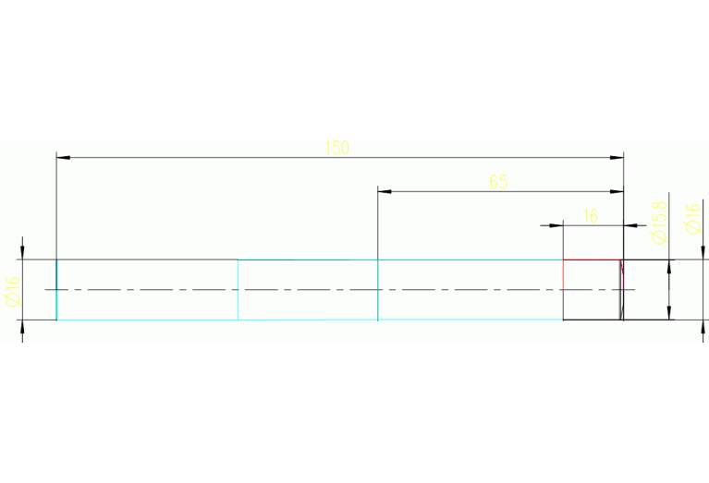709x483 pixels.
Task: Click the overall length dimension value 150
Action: pos(337,148)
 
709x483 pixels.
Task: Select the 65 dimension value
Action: pos(499,182)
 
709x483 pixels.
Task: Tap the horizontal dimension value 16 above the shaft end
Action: pos(591,216)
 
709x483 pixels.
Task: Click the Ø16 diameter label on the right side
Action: pos(691,218)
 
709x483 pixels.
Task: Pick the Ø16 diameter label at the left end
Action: pos(13,291)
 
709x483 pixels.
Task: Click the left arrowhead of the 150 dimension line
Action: pos(63,158)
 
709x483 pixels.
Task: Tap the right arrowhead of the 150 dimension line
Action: pos(617,158)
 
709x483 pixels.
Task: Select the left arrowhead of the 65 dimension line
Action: pos(385,191)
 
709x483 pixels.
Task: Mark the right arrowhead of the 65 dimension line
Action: pos(617,191)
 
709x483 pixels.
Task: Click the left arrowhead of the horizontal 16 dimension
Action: pos(557,224)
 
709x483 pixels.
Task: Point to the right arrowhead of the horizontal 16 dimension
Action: pos(630,224)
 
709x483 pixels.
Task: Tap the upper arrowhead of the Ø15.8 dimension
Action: pos(668,266)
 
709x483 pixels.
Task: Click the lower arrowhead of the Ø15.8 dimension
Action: pos(668,313)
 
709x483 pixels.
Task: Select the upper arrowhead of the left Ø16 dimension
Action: pos(23,253)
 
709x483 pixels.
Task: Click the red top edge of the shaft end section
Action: pos(592,260)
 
